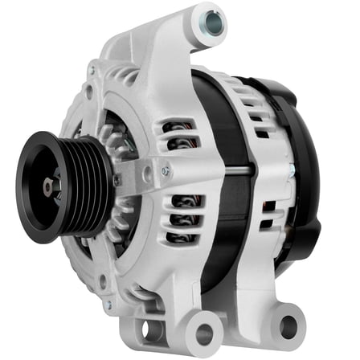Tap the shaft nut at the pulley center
point(49,186)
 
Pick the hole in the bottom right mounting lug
point(287,325)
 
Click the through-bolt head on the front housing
point(165,171)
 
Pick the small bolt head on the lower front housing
point(103,280)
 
